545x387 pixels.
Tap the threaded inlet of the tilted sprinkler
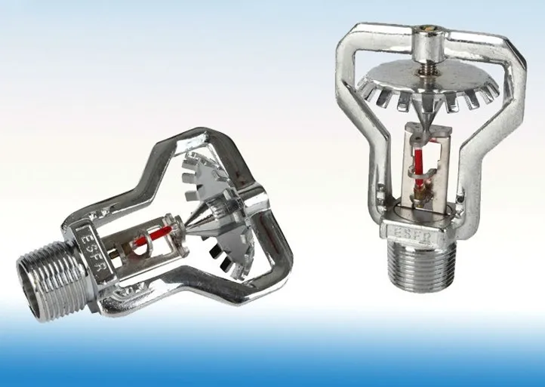coord(52,281)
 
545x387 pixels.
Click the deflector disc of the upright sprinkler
coord(429,84)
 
